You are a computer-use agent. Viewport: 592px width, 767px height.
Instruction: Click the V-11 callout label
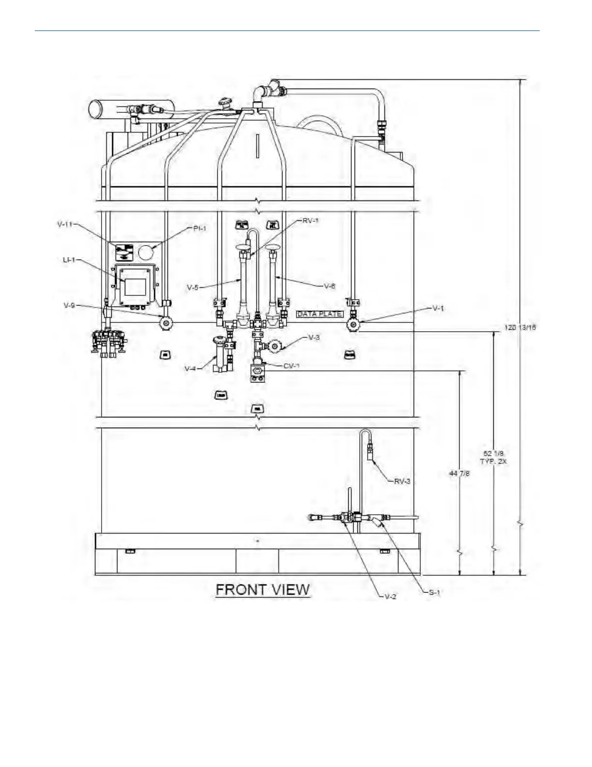65,224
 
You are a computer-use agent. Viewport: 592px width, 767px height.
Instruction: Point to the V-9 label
69,306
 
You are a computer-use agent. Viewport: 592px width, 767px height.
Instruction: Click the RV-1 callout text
311,220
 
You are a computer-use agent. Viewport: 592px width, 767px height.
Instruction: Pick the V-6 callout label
329,286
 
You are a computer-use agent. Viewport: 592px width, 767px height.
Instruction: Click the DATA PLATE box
319,314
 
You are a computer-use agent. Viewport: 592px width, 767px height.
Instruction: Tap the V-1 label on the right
438,308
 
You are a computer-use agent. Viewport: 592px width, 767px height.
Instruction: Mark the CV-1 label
292,366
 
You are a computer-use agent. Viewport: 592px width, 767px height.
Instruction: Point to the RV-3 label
402,481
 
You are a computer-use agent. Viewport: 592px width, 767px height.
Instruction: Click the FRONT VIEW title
262,590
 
